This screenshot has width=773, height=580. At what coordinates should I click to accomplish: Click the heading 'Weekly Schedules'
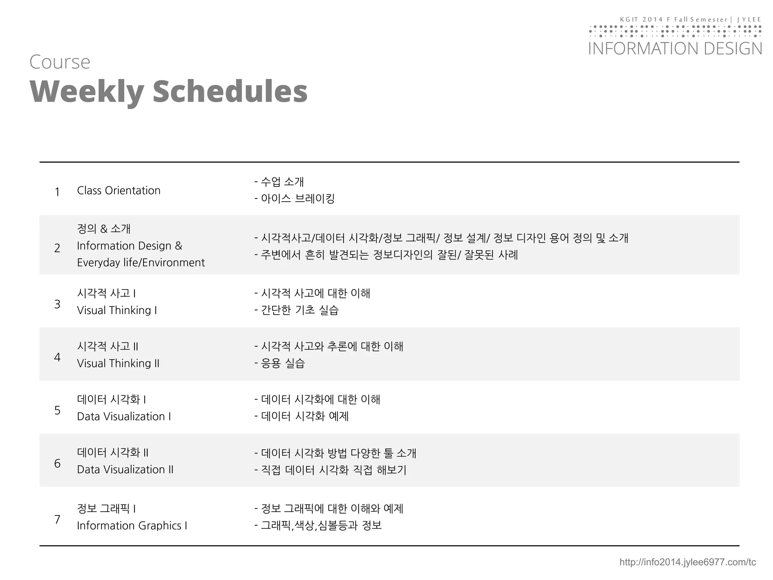coord(168,91)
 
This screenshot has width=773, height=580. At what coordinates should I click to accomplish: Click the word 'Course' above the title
coord(60,62)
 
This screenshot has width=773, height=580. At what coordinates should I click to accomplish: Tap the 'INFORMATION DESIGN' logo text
coord(675,49)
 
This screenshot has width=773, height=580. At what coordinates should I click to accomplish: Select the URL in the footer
coord(687,562)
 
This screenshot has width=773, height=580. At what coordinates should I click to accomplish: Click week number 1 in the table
coord(57,192)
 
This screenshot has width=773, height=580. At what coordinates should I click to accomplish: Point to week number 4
coord(57,357)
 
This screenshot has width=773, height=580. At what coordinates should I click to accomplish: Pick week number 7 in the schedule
coord(57,520)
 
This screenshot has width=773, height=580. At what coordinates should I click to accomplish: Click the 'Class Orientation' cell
coord(119,190)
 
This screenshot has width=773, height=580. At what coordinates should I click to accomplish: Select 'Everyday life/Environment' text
coord(141,262)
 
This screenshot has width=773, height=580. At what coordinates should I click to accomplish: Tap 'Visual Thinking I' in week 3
coord(117,310)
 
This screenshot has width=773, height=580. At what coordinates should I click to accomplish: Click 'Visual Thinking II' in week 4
coord(118,363)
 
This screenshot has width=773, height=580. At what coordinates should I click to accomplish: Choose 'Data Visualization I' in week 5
coord(124,416)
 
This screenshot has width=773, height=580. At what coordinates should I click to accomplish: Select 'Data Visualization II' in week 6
coord(125,469)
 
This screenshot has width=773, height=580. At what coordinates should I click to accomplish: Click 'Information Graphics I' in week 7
coord(132,526)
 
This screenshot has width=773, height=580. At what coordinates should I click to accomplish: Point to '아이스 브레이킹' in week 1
coord(297,198)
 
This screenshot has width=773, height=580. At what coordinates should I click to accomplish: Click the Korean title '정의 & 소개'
coord(104,228)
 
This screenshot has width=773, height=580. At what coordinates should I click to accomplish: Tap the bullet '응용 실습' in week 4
coord(282,363)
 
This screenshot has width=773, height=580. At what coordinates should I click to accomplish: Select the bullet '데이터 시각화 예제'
coord(304,416)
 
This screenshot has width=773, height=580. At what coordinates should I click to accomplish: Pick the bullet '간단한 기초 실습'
coord(300,310)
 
